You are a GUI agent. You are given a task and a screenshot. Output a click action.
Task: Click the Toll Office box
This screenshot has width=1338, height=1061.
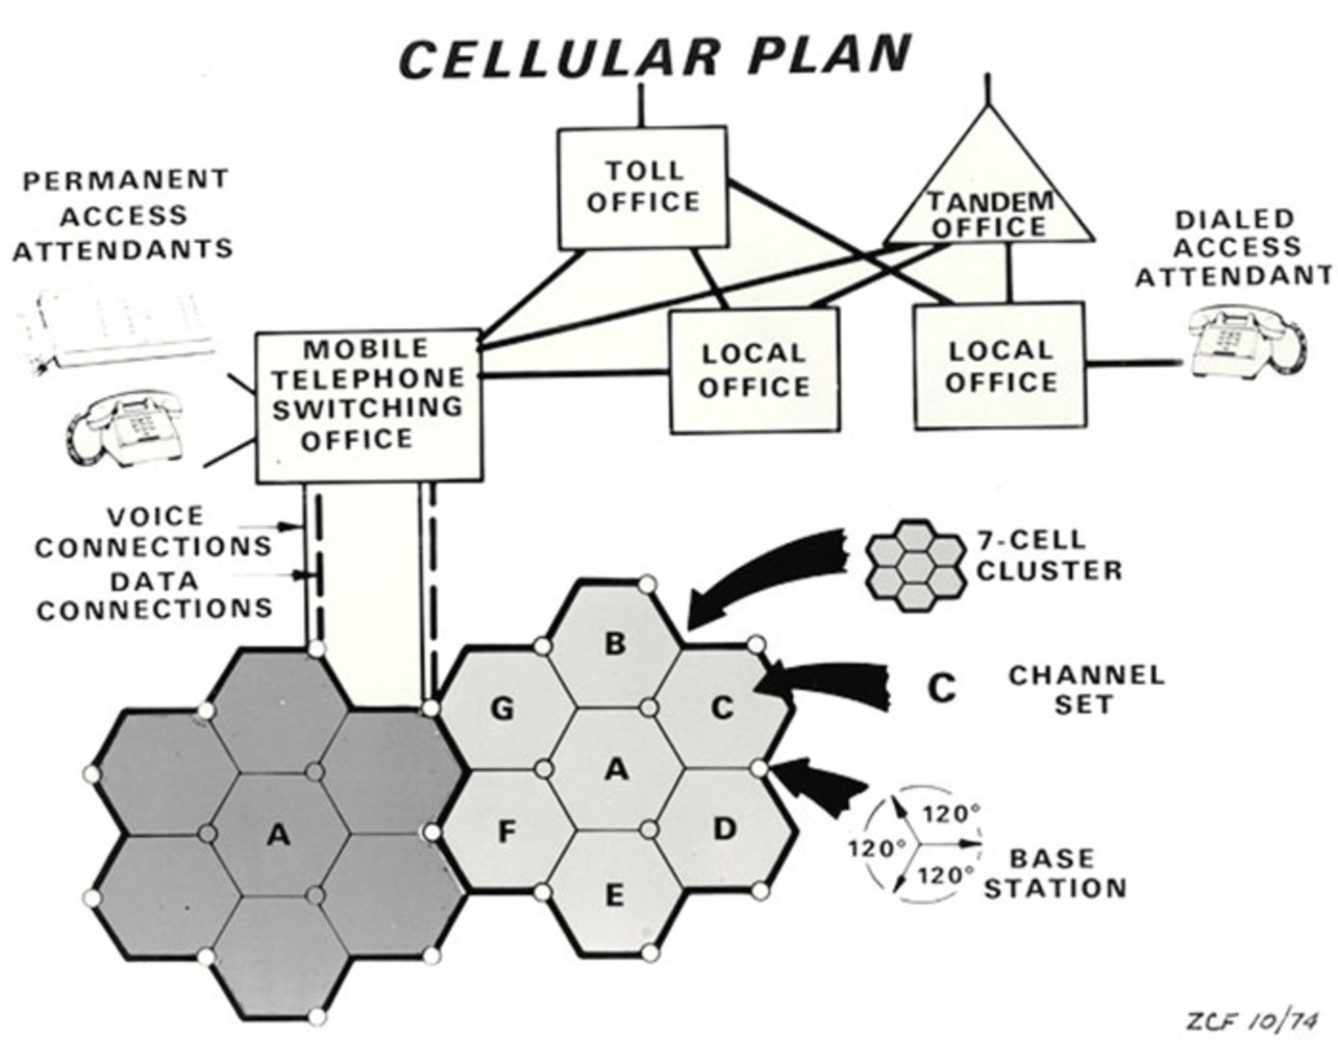click(643, 187)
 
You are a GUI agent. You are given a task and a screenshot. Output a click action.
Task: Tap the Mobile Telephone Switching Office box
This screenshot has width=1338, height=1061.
click(369, 406)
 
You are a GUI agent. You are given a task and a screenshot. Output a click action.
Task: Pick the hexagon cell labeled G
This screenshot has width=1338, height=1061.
click(502, 708)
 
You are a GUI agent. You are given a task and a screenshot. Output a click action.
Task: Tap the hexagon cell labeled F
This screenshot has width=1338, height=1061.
click(507, 832)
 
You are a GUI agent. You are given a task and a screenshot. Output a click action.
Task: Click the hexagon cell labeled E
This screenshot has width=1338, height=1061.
click(614, 894)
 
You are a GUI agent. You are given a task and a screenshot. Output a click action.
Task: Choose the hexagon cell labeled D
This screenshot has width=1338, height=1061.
click(725, 830)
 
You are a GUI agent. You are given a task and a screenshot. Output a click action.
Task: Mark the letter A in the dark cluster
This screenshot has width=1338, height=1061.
click(278, 834)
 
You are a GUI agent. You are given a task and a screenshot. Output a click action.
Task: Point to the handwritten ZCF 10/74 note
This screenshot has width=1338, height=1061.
click(1252, 1023)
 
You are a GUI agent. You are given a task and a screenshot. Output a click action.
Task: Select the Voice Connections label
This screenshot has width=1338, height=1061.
click(154, 531)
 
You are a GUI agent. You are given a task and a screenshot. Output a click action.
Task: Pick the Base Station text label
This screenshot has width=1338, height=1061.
click(1054, 873)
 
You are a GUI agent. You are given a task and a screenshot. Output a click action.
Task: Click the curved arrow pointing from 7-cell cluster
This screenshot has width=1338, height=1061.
click(767, 572)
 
